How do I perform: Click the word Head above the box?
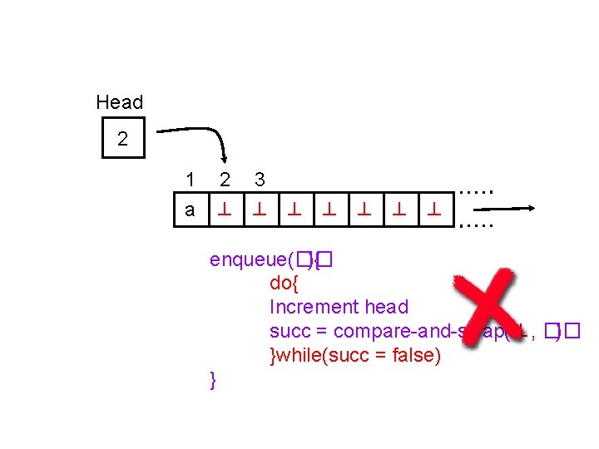tap(120, 102)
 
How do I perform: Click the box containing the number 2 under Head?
tap(122, 139)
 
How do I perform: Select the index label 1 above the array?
tap(191, 179)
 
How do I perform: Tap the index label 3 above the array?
tap(260, 179)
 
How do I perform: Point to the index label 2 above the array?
tap(225, 179)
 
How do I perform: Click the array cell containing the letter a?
tap(191, 210)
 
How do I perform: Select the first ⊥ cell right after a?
tap(225, 210)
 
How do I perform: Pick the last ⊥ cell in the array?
tap(433, 210)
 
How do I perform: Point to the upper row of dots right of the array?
tap(477, 191)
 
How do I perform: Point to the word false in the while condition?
tap(413, 355)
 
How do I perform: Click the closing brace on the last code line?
tap(214, 380)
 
